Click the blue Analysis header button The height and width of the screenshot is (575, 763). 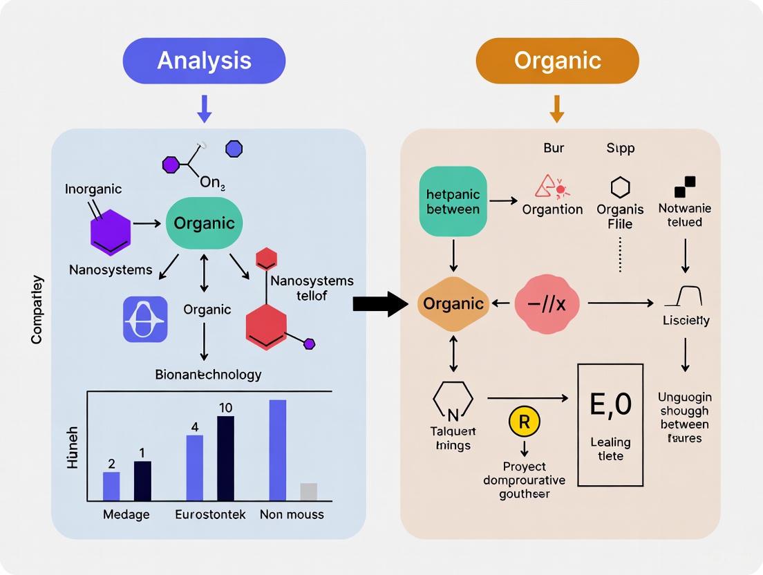(x=204, y=61)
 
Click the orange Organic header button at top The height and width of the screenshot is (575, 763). (x=557, y=61)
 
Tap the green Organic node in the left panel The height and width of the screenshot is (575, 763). (x=204, y=223)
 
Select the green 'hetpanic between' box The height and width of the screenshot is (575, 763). (x=453, y=200)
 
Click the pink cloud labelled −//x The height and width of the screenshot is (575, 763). (x=547, y=303)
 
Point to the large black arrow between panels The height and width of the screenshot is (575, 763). (x=380, y=303)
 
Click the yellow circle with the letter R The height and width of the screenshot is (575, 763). (x=524, y=422)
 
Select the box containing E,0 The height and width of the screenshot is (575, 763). (x=610, y=424)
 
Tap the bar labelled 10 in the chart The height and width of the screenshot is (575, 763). (x=225, y=458)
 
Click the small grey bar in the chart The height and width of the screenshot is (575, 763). (x=309, y=491)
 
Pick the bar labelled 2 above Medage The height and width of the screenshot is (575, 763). (x=111, y=486)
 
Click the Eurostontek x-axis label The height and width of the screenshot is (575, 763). (x=210, y=515)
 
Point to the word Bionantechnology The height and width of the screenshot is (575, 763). (x=208, y=375)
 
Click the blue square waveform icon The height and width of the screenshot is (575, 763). (x=145, y=319)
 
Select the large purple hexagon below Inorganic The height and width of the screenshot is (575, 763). (x=111, y=232)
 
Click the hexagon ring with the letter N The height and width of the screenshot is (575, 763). (x=453, y=401)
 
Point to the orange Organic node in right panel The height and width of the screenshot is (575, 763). (x=453, y=303)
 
